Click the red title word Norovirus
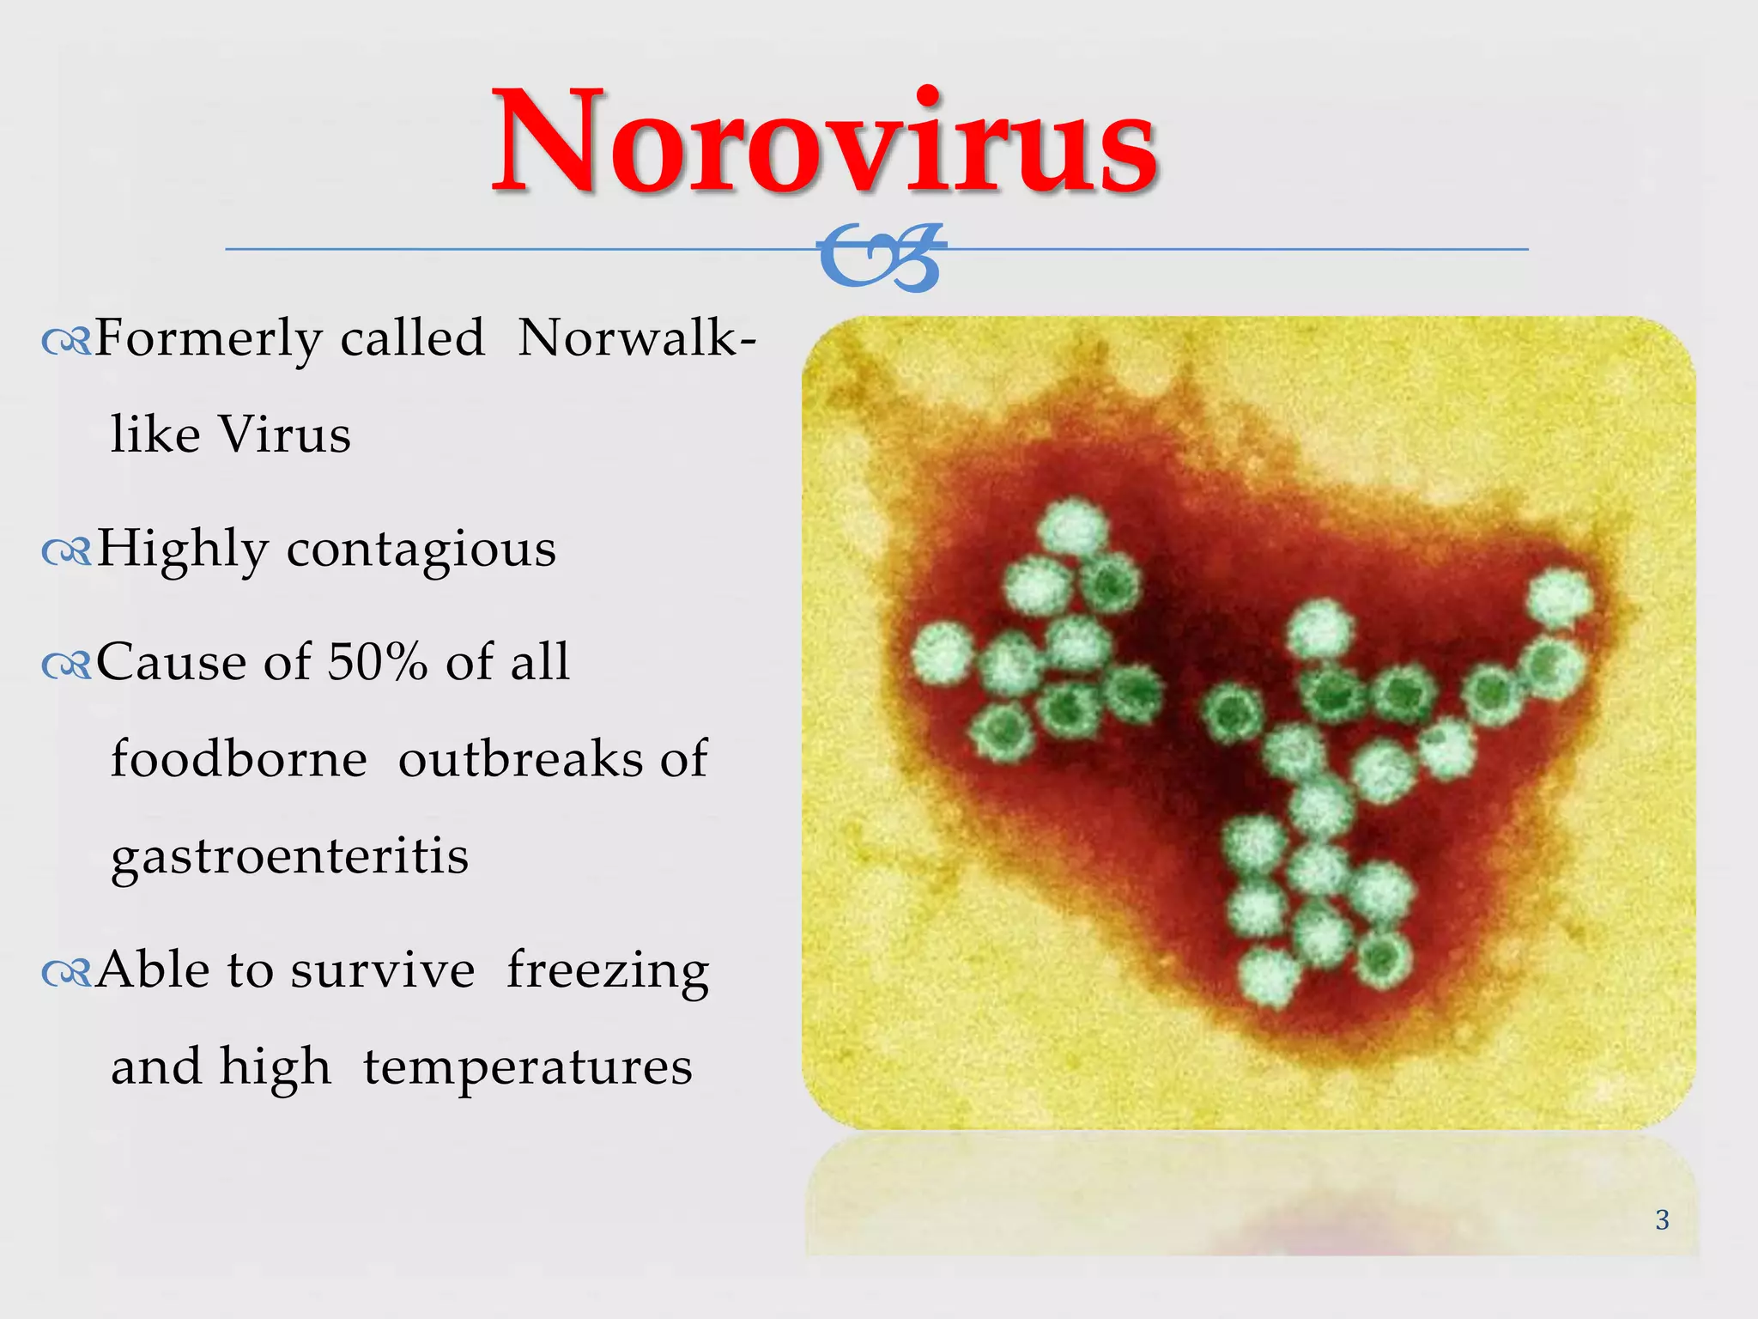tap(824, 142)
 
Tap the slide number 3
tap(1662, 1219)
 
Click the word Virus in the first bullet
tap(284, 434)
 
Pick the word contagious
tap(421, 550)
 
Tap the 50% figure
tap(377, 662)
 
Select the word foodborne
tap(239, 759)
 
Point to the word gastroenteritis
tap(289, 856)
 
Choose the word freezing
tap(608, 971)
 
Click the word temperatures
tap(527, 1067)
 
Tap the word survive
tap(382, 971)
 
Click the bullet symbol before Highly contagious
tap(66, 553)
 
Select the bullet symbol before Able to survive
tap(66, 973)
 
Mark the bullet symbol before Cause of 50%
tap(66, 666)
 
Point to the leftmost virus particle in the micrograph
tap(943, 653)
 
